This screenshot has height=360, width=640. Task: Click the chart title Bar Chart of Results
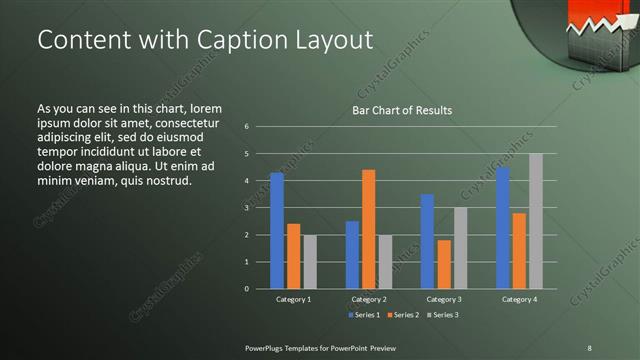[x=401, y=110]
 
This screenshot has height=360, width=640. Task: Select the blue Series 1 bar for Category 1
[x=277, y=230]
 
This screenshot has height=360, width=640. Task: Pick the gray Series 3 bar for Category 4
[x=535, y=221]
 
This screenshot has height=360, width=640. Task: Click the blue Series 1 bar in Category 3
[x=427, y=241]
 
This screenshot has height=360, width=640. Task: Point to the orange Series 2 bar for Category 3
[x=443, y=264]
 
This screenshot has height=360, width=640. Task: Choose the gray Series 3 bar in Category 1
[x=310, y=261]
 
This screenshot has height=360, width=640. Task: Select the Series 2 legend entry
[x=402, y=315]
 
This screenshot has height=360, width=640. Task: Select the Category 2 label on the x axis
[x=368, y=299]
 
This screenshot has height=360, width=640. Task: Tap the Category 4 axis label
[x=518, y=299]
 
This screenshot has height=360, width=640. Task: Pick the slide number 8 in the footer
[x=588, y=347]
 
